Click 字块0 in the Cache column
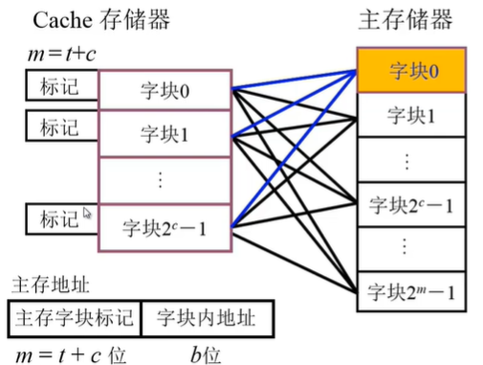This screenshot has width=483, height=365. click(x=165, y=94)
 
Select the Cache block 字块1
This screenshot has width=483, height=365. click(x=165, y=134)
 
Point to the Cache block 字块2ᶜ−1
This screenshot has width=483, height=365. click(x=165, y=228)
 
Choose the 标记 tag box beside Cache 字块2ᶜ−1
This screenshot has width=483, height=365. click(x=59, y=218)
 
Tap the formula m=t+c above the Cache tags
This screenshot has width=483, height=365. click(x=61, y=56)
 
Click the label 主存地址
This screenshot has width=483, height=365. click(x=44, y=285)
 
